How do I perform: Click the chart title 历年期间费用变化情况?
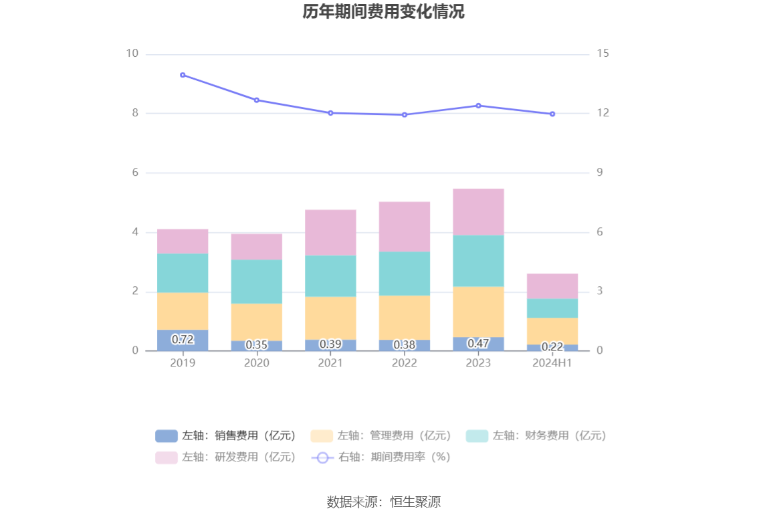pyautogui.click(x=383, y=12)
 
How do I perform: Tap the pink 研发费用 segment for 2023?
pyautogui.click(x=478, y=212)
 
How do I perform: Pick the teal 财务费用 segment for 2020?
pyautogui.click(x=257, y=282)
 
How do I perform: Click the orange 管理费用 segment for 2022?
pyautogui.click(x=405, y=318)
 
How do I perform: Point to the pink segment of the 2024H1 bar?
pyautogui.click(x=552, y=286)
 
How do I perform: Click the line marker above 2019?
pyautogui.click(x=183, y=75)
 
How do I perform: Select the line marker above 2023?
pyautogui.click(x=478, y=106)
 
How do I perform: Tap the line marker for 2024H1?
pyautogui.click(x=552, y=114)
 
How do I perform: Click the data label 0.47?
pyautogui.click(x=478, y=344)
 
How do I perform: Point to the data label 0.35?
pyautogui.click(x=257, y=345)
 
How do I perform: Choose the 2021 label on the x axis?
pyautogui.click(x=330, y=363)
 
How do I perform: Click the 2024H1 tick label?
pyautogui.click(x=552, y=363)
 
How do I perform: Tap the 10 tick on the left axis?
pyautogui.click(x=132, y=54)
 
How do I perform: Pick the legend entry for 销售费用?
pyautogui.click(x=225, y=436)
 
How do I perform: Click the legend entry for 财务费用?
pyautogui.click(x=536, y=436)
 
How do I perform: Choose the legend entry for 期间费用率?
pyautogui.click(x=380, y=457)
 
